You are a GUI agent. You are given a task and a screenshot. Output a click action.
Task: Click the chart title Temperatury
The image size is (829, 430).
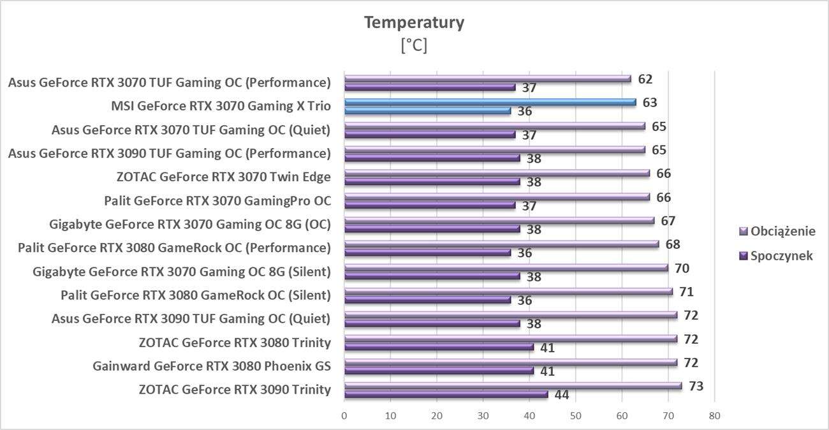(414, 23)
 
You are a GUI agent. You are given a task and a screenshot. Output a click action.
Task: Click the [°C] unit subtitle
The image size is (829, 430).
(414, 46)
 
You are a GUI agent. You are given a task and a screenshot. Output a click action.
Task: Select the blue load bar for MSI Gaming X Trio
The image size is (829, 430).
(490, 102)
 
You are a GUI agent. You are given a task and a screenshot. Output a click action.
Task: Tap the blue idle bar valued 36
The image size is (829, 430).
(427, 110)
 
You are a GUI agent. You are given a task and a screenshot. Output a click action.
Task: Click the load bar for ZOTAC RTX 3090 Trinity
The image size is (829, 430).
(513, 386)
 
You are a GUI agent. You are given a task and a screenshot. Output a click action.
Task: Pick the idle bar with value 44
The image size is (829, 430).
(446, 394)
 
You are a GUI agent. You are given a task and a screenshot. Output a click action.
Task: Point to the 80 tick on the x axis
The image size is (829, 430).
(714, 416)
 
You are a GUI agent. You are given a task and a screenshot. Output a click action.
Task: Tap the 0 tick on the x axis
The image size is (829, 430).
(344, 416)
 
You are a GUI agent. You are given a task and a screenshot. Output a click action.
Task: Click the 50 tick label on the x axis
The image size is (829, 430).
(575, 416)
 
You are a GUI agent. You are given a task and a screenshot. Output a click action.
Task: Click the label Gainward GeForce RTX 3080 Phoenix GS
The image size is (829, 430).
(212, 366)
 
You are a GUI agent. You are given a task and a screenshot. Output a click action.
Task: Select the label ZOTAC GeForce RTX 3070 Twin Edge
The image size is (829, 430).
(224, 177)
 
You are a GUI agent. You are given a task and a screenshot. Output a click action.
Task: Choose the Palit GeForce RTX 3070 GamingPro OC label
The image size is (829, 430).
(217, 201)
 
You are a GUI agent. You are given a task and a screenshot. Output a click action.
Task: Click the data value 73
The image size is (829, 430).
(696, 386)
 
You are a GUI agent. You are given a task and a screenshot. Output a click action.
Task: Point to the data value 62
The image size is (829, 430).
(645, 79)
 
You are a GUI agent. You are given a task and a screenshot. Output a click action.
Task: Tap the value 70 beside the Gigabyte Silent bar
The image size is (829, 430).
(682, 268)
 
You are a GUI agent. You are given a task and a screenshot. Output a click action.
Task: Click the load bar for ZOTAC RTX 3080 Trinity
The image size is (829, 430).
(510, 339)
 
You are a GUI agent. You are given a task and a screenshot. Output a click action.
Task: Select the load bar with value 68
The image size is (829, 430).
(501, 244)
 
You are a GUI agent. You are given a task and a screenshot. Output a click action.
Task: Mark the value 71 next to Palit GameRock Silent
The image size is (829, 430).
(686, 292)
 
